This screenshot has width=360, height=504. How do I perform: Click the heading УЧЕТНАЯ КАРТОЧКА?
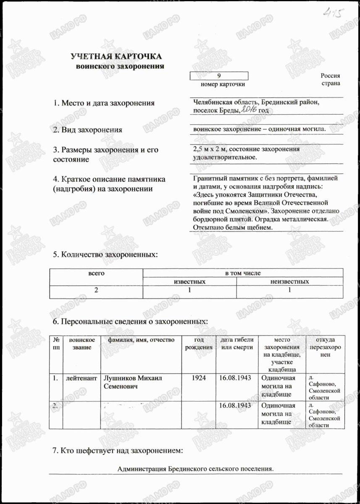tap(116, 57)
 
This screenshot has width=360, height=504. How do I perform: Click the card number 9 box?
tap(219, 76)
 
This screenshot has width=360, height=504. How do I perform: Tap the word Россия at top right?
tap(330, 76)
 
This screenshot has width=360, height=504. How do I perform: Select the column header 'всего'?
tap(96, 273)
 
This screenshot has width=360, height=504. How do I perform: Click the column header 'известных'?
tap(189, 281)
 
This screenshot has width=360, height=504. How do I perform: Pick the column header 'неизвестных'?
tap(290, 281)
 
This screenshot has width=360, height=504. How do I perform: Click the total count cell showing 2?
tap(96, 290)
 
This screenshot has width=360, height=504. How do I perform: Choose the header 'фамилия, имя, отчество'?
tap(141, 339)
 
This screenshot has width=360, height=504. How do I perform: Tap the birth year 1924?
tap(198, 378)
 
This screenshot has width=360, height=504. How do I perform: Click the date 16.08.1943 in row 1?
tap(235, 378)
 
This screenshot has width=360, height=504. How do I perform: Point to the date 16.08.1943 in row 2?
tap(235, 406)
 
